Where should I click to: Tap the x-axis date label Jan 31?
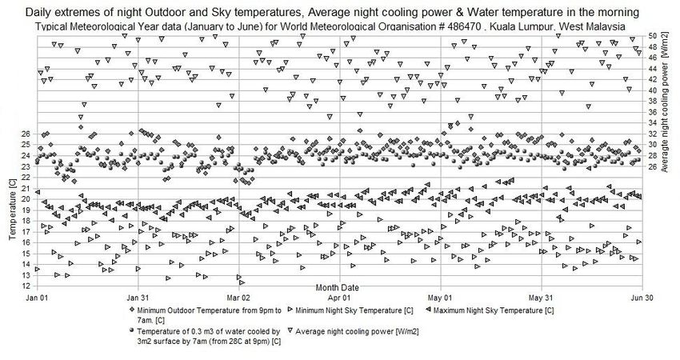click(x=138, y=295)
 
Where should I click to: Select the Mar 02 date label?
click(x=240, y=295)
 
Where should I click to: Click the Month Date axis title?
click(x=337, y=286)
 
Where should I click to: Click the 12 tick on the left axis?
click(x=26, y=286)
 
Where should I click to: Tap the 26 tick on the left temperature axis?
click(x=26, y=134)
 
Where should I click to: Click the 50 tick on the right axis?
click(x=652, y=36)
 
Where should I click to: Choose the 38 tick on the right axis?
click(x=652, y=101)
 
